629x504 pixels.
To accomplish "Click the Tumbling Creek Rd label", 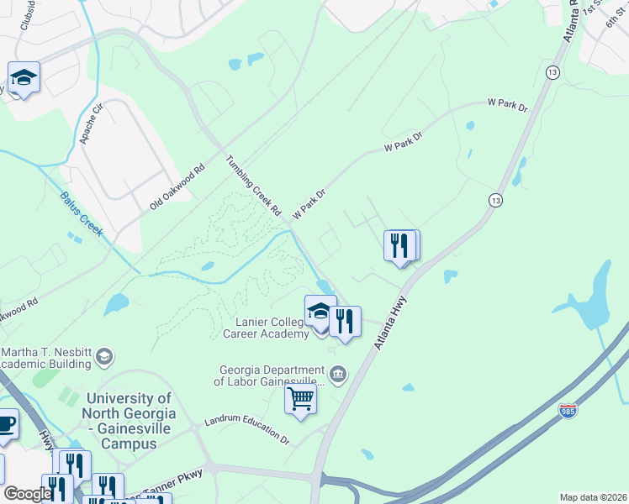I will (x=252, y=186).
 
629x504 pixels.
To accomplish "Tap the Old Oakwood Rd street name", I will (x=177, y=187).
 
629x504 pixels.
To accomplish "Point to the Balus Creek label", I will (x=82, y=215).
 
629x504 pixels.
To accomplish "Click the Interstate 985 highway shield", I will (x=568, y=411).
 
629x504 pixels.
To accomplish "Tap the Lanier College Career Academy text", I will (x=266, y=327).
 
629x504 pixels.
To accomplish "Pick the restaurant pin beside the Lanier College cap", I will (x=345, y=323).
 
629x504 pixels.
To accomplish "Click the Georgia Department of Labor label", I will (x=272, y=375).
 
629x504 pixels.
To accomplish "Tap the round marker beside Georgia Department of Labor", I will (x=338, y=374).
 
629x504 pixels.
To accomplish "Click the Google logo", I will (x=28, y=494).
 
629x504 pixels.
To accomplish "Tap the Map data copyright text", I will (x=592, y=497).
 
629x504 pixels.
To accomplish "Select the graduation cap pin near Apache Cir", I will (x=24, y=80).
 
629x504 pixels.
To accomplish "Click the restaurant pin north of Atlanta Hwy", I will (x=400, y=246).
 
